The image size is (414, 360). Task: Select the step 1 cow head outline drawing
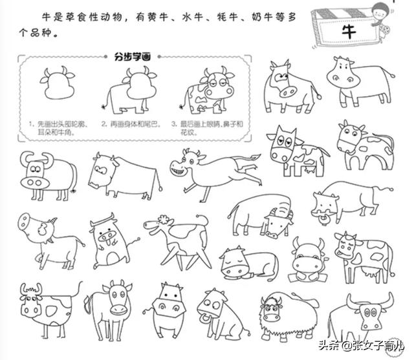[x=56, y=83]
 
